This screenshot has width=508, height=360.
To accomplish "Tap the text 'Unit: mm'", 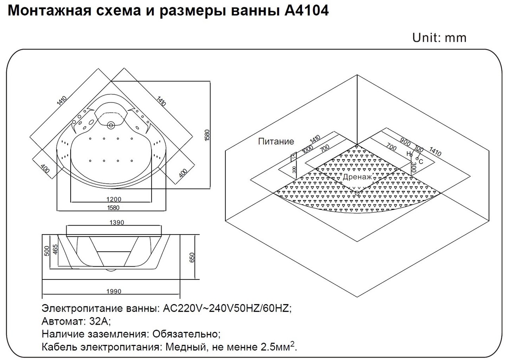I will [439, 38].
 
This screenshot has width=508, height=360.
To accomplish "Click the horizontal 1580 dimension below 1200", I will [112, 207].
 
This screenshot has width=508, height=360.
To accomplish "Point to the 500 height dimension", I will [47, 251].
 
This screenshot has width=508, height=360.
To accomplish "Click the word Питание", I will [276, 141].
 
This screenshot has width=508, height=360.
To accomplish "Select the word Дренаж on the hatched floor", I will [357, 177].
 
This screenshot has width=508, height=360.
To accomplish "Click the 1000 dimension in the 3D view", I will [307, 152].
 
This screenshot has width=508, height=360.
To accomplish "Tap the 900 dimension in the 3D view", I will [405, 142].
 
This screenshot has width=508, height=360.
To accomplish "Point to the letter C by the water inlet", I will [421, 162].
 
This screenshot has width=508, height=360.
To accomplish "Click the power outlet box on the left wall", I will [294, 157].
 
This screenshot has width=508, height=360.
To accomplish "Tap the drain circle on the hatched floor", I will [357, 193].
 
